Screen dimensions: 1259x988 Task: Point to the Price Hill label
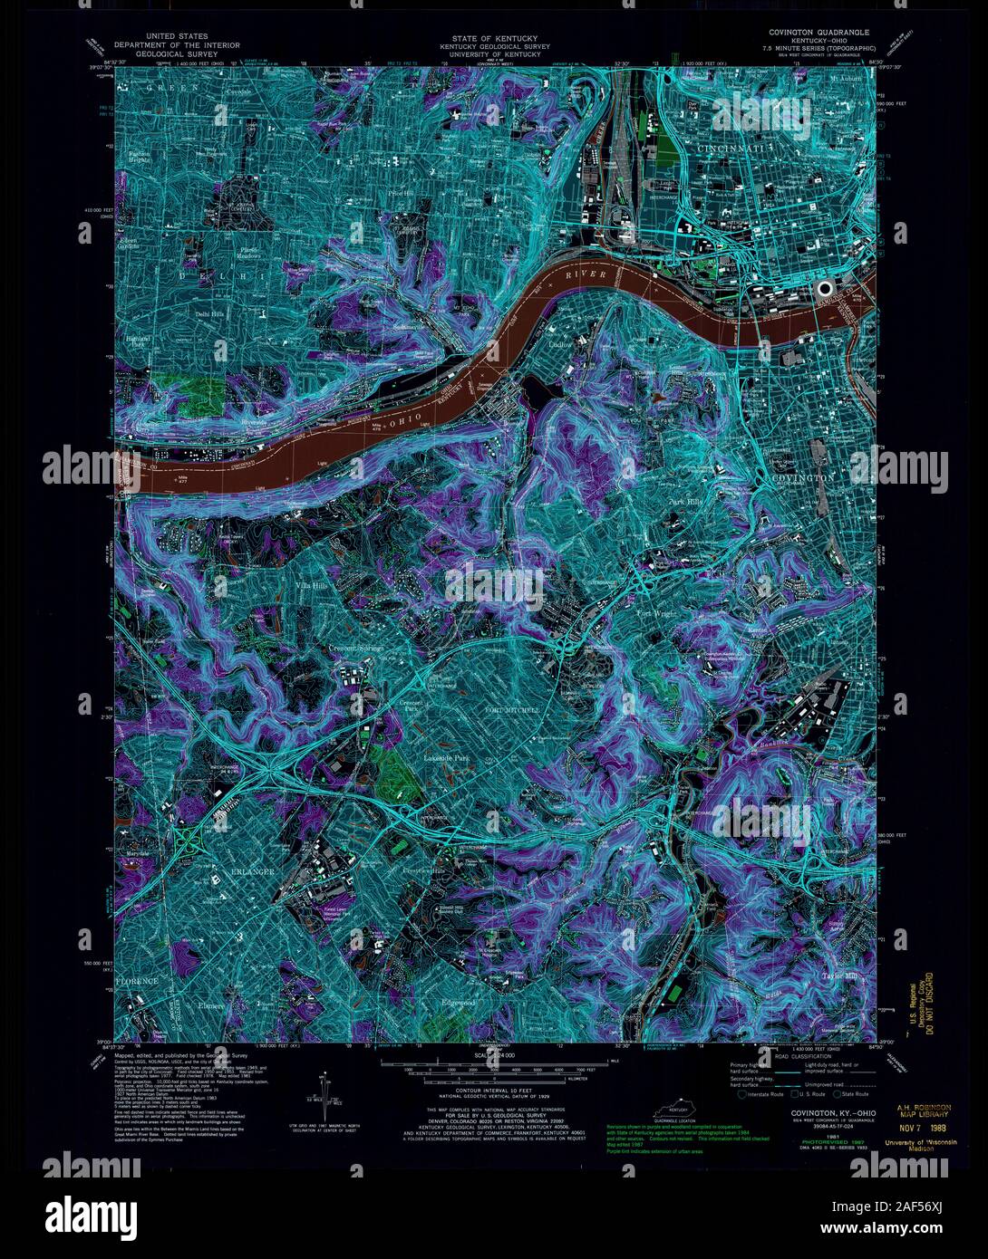401,193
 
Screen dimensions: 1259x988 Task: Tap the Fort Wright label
657,613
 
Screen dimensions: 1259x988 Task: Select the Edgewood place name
458,1003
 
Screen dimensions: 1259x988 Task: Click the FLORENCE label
136,981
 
